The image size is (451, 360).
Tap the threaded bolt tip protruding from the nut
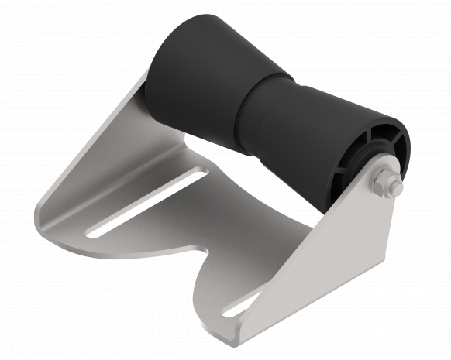396,188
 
